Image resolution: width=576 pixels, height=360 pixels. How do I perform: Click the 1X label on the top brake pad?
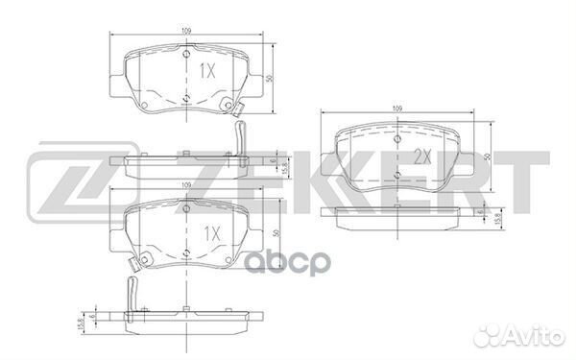206,71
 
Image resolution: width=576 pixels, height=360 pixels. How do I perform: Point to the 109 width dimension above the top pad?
186,33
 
